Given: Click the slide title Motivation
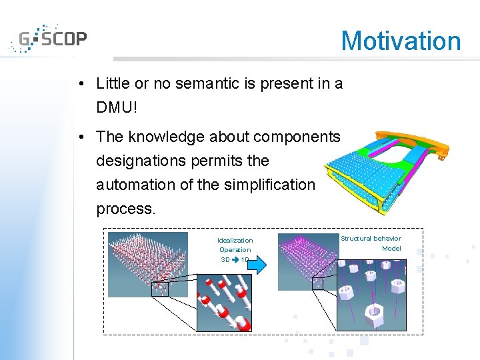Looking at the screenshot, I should point(401,41).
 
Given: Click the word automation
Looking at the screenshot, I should point(136,185).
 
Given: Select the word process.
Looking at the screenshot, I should point(125,209).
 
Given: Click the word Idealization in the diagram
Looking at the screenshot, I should point(235,240).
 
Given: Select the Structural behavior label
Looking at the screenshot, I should point(371,238).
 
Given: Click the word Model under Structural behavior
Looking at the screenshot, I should point(391,248).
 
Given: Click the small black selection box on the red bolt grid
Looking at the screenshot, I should point(160,289).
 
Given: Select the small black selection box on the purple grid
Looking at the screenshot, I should point(321,283).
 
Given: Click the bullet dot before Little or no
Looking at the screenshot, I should point(80,84).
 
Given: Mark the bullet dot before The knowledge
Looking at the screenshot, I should point(80,137).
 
